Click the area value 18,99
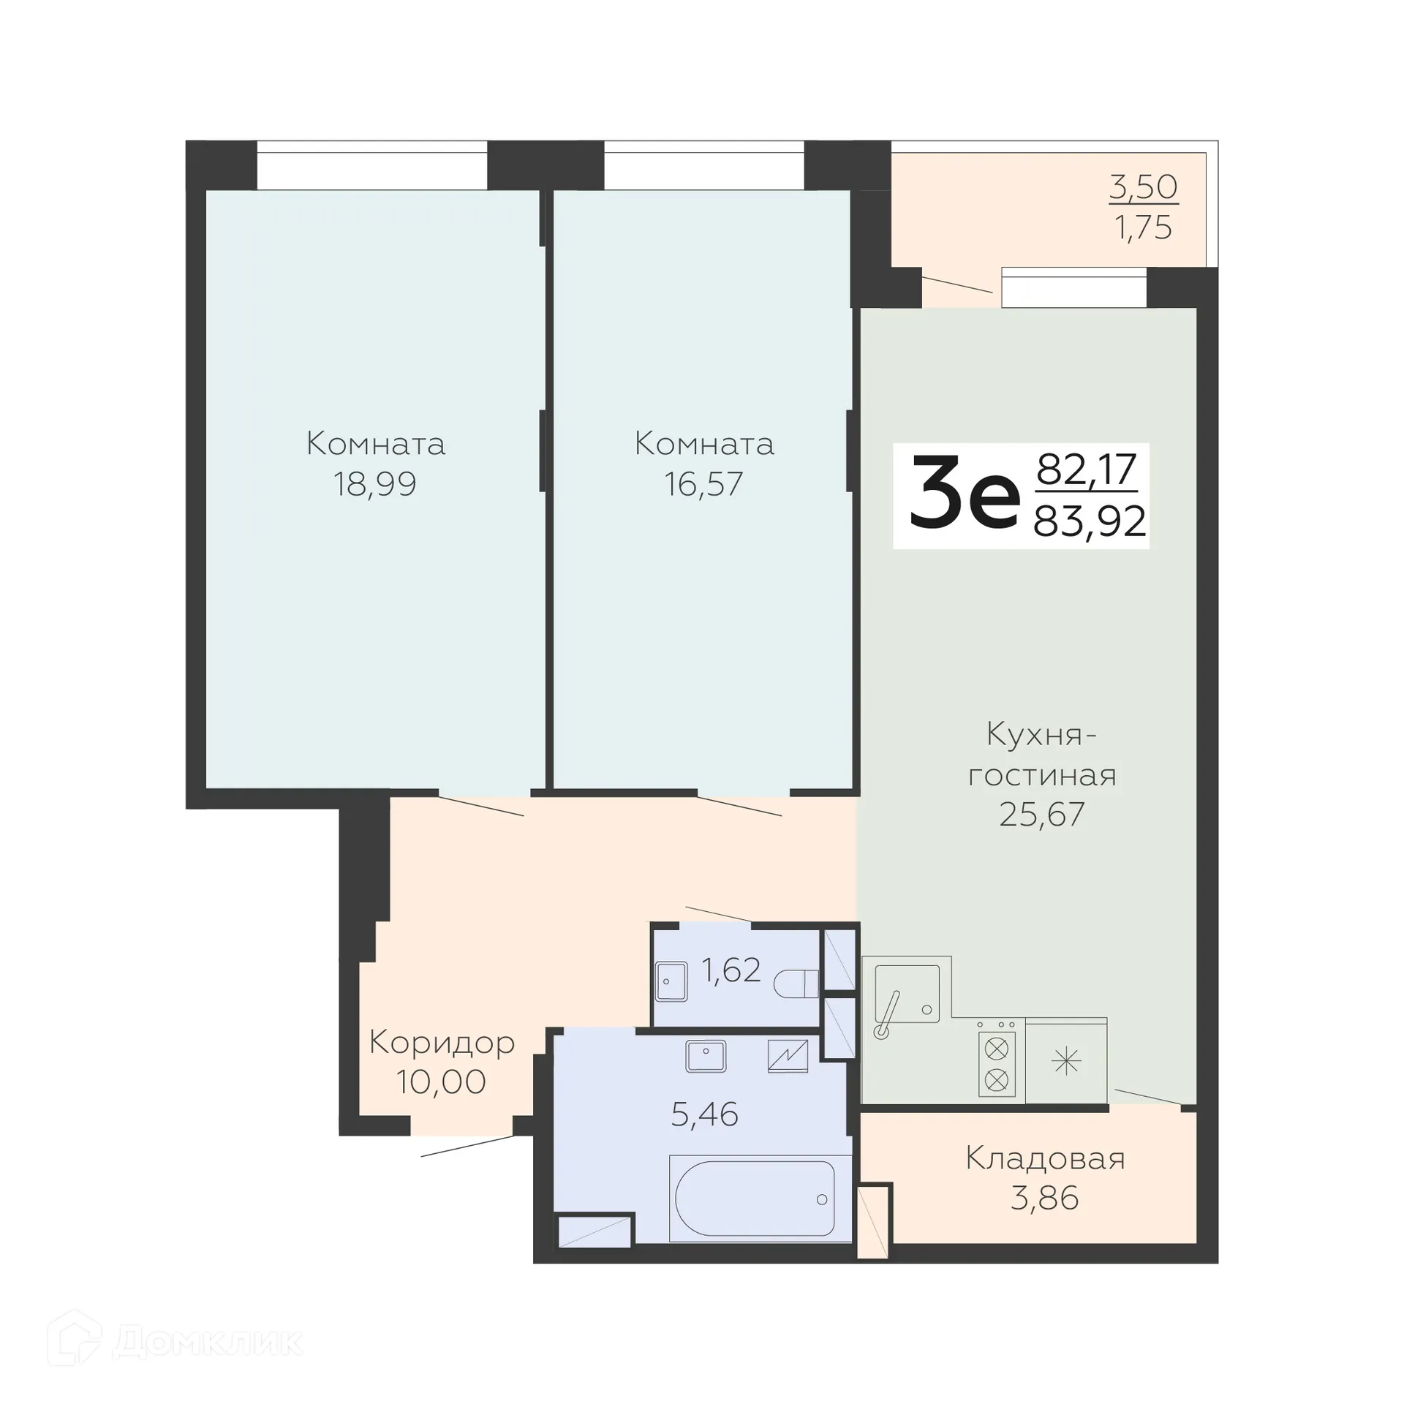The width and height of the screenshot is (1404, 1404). (375, 484)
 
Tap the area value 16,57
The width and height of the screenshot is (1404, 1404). (703, 484)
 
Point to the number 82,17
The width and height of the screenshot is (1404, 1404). (1087, 469)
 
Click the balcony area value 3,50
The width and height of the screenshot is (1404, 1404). (1144, 187)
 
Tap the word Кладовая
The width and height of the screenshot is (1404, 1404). (1045, 1158)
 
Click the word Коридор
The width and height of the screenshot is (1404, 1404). (442, 1042)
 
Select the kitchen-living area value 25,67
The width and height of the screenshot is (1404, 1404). (1041, 814)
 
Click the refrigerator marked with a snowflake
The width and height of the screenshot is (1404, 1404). (1066, 1061)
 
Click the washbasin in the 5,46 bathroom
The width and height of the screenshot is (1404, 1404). (706, 1056)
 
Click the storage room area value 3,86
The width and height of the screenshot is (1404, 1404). (1044, 1199)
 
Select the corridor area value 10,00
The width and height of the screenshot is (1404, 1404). (441, 1082)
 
